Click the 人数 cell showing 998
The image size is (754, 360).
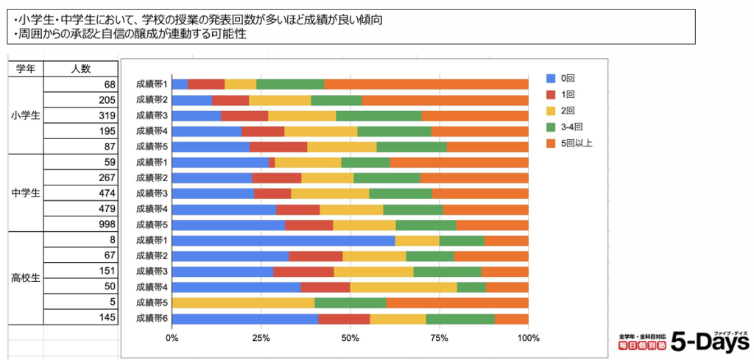pos(81,224)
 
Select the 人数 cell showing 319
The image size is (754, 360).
pos(81,116)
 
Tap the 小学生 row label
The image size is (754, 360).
pos(26,116)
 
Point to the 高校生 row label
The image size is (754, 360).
pos(26,278)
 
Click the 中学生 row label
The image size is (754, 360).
pos(26,193)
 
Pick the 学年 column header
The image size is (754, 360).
pos(26,68)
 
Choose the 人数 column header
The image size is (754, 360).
pos(81,68)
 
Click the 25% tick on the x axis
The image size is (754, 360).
pos(261,338)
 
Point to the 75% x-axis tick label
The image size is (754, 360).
pos(439,338)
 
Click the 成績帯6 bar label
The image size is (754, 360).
pos(152,319)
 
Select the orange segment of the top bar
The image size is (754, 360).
pos(426,84)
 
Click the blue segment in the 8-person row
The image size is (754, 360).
pos(283,240)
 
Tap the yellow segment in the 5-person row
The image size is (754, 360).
pos(243,303)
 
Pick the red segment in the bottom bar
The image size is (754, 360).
pos(344,319)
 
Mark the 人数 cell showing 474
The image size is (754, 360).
pos(81,193)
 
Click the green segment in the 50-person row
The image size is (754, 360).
pos(471,287)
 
